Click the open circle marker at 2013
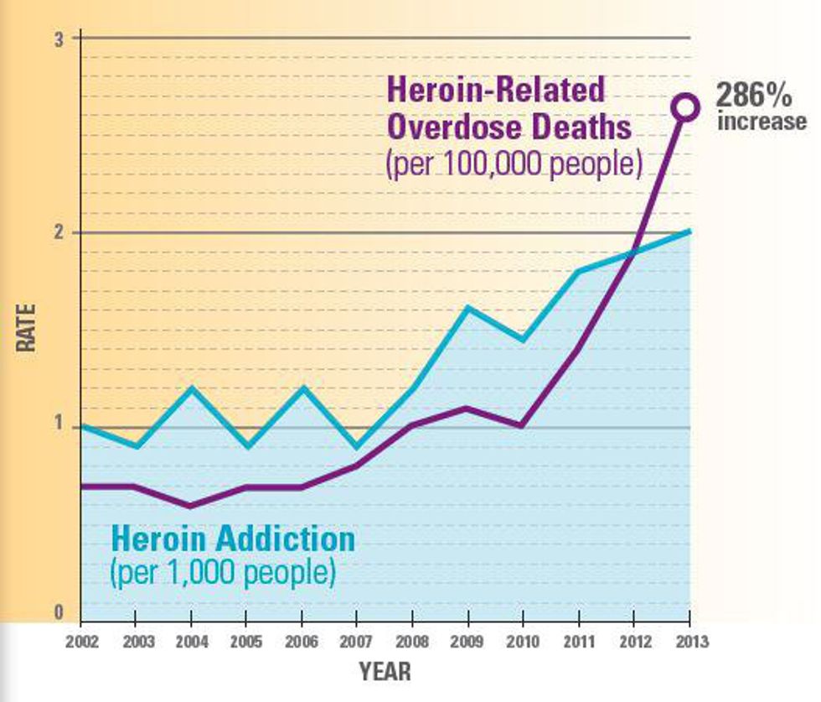coord(686,107)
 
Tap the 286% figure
coord(753,95)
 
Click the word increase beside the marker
coord(762,122)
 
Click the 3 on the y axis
coord(59,39)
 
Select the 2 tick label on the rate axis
coord(59,232)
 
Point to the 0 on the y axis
coord(59,613)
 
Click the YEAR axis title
coord(385,671)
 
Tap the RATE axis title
coord(27,327)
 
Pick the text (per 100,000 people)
coord(513,164)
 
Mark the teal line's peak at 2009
coord(467,308)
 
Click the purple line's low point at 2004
coord(191,506)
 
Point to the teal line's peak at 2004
coord(191,387)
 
